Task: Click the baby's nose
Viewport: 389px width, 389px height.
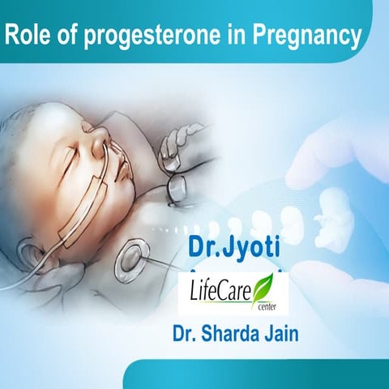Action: tap(96, 147)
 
